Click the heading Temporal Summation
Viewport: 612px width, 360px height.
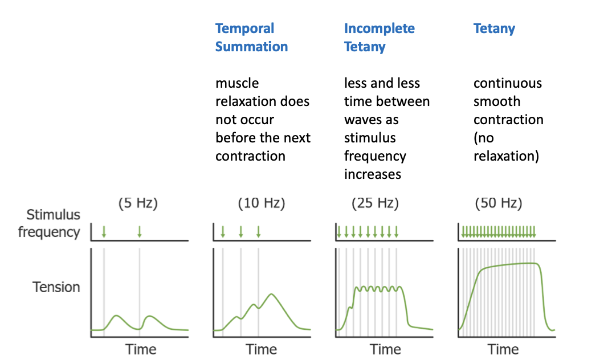251,38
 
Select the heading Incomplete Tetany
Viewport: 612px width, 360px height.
379,38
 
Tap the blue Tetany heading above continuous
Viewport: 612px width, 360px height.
494,28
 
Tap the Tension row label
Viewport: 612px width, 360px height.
56,287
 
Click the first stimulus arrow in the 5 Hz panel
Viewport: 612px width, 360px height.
104,231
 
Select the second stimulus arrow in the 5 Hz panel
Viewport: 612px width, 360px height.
140,231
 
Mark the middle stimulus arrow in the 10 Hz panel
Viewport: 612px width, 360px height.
240,231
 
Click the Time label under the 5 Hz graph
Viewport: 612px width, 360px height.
140,349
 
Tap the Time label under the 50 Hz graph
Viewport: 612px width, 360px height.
503,349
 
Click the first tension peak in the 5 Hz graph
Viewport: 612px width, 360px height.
116,316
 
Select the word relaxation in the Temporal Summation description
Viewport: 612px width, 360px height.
263,101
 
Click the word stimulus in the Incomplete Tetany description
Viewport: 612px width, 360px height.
370,138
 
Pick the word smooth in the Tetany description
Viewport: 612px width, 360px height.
497,101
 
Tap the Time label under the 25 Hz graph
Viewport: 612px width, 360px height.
386,349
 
